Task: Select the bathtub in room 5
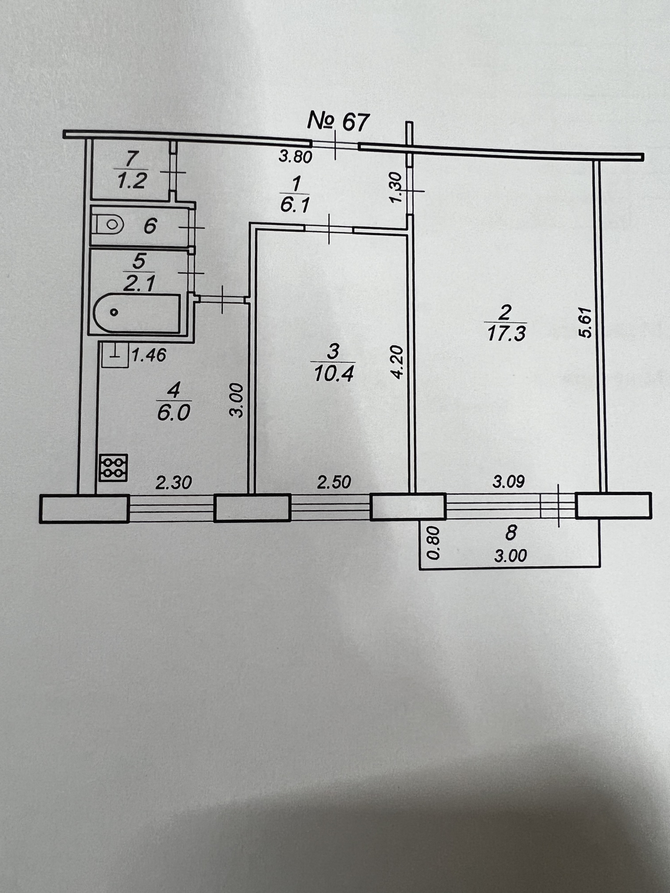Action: coord(136,313)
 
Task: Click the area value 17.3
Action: coord(506,334)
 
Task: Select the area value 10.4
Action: coord(334,375)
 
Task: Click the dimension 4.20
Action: coord(397,361)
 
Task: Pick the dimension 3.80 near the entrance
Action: coord(295,156)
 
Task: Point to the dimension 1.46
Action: coord(149,355)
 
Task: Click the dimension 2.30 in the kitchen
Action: coord(174,482)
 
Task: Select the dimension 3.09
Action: coord(508,482)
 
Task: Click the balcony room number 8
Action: coord(511,533)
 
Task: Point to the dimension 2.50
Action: coord(334,482)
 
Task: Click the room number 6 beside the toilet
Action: coord(150,225)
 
